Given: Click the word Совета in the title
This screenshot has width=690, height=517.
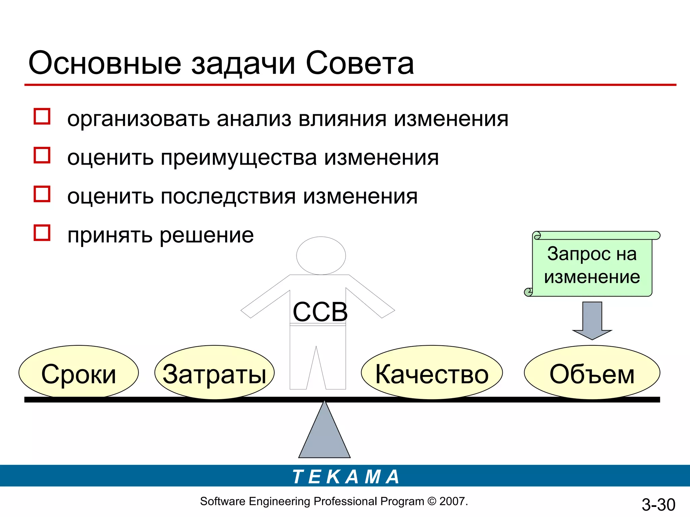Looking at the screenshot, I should (x=359, y=64).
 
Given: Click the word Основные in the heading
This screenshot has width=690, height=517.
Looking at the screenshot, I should (x=105, y=64).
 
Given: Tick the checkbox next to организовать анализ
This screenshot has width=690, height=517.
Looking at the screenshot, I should (x=42, y=116).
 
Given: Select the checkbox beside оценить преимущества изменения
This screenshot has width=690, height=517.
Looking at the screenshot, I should (x=42, y=155).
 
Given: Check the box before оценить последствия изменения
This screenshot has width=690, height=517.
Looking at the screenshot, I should (x=42, y=194).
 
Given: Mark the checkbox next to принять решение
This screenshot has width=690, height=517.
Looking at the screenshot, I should (x=42, y=233).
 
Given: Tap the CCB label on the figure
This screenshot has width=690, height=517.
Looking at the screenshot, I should (x=320, y=312).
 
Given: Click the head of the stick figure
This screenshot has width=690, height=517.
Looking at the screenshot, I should (x=321, y=255).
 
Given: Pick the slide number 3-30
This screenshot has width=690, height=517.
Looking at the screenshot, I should (x=658, y=505).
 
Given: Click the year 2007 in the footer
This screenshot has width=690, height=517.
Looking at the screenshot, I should (x=452, y=501).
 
